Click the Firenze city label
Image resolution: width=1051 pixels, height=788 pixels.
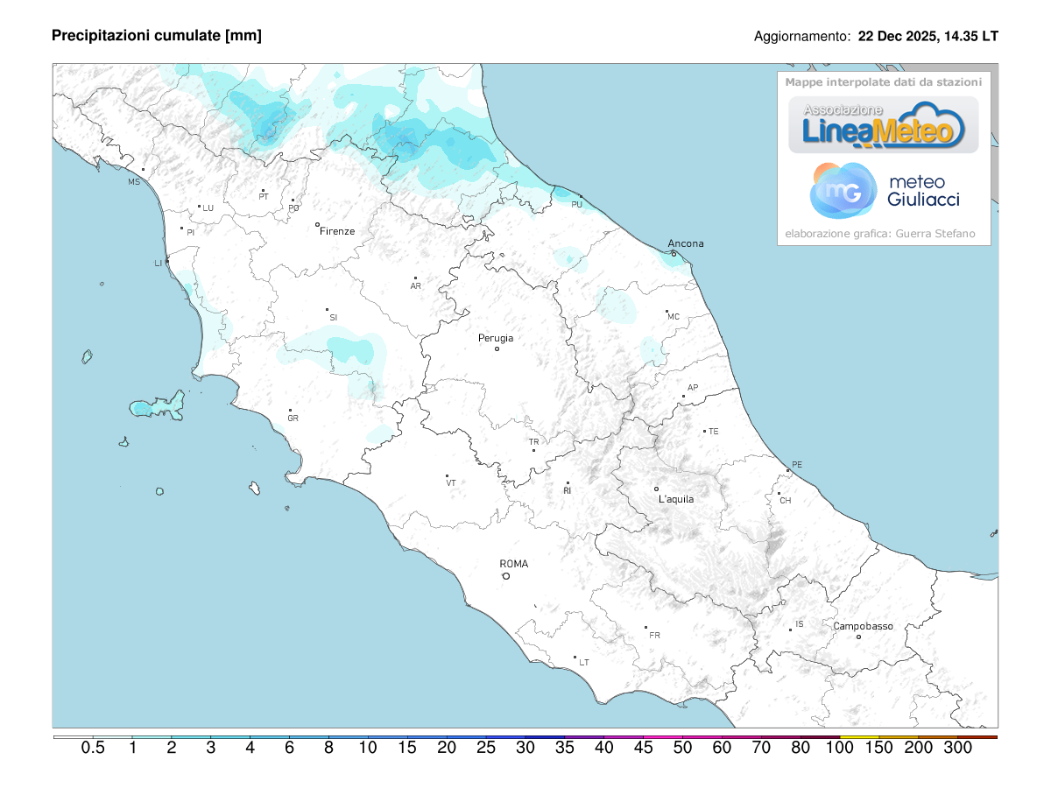(337, 231)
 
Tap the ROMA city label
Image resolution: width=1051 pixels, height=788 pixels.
(514, 564)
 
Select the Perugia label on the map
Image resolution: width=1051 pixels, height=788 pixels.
(496, 338)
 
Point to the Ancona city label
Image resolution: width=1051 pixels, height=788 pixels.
(685, 243)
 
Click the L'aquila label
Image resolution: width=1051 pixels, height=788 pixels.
(676, 499)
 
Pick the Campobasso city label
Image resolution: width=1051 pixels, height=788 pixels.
(863, 626)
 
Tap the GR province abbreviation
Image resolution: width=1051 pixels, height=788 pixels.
(293, 419)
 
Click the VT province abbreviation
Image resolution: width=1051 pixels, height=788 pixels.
(451, 483)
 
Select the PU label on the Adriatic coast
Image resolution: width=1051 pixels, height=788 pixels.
(576, 204)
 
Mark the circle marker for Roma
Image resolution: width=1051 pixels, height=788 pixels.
(505, 576)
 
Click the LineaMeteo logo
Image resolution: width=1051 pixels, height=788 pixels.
(884, 125)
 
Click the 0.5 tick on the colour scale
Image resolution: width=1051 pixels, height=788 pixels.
(93, 748)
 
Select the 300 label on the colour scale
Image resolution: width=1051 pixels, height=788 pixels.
(958, 748)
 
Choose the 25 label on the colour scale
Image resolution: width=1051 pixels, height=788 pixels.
(486, 748)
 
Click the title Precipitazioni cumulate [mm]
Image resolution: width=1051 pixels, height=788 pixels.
(157, 35)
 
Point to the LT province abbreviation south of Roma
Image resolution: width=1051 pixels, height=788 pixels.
(584, 663)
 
